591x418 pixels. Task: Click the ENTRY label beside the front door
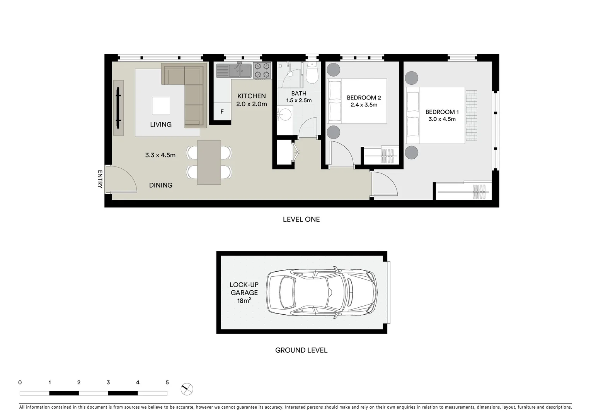click(x=100, y=179)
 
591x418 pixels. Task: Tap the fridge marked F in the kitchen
click(x=222, y=112)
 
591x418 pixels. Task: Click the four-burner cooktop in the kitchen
click(x=262, y=70)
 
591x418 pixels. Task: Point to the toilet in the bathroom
click(x=312, y=74)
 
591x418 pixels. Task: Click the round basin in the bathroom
click(x=285, y=115)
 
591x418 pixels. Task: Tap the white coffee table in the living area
click(x=161, y=106)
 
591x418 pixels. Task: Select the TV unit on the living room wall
click(x=118, y=108)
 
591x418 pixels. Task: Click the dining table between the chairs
click(x=209, y=162)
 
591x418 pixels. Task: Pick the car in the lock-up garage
click(x=322, y=293)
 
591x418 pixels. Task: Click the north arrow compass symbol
click(x=187, y=389)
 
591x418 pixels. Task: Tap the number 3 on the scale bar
click(x=108, y=382)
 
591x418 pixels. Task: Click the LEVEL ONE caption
click(x=301, y=219)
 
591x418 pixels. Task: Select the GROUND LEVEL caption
click(x=301, y=350)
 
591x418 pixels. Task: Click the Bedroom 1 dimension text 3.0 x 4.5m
click(x=442, y=119)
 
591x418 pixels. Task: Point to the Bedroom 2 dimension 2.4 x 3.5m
click(x=364, y=105)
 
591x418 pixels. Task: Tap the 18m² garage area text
click(x=244, y=300)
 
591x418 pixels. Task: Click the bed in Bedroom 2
click(x=357, y=101)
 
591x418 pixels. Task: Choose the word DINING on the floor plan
click(x=161, y=185)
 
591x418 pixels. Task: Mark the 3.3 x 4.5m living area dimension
click(x=160, y=155)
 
